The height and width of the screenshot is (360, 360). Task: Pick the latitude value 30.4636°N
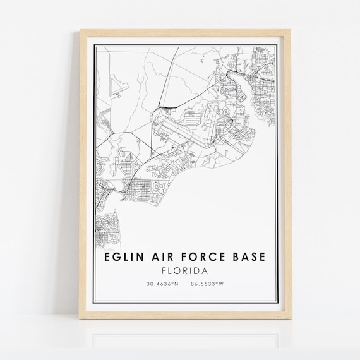(160, 284)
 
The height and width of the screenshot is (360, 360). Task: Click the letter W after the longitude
(222, 284)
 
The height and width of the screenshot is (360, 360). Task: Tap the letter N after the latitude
(177, 284)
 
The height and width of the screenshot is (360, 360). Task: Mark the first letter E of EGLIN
(102, 260)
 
